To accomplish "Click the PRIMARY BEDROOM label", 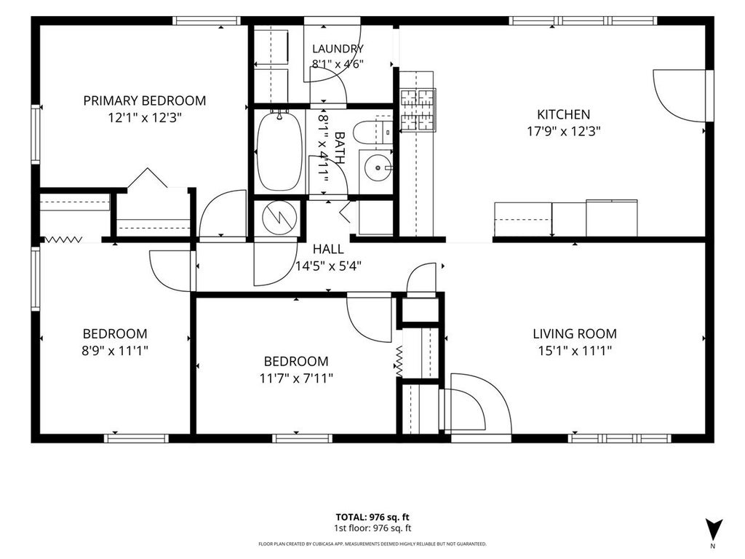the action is tap(145, 100).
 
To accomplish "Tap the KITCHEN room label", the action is tap(564, 114).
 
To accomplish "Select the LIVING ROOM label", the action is tap(575, 333).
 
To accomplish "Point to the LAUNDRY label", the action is tap(338, 49).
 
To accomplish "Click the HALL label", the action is tap(328, 249).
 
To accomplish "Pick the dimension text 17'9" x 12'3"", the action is tap(564, 131).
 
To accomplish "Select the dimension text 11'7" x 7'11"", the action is tap(296, 378).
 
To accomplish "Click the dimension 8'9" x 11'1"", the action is tap(114, 351).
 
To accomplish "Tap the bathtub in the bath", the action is tap(279, 151).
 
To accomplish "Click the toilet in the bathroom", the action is tap(372, 132).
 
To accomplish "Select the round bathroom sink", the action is tap(378, 168).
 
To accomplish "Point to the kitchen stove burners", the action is tap(418, 110).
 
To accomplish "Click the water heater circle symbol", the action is tap(280, 218).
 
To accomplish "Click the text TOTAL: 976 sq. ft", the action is tap(372, 518).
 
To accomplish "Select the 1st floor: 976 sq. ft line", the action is tap(372, 528).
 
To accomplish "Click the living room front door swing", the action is tap(481, 403).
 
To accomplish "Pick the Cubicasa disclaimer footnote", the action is tap(372, 544).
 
